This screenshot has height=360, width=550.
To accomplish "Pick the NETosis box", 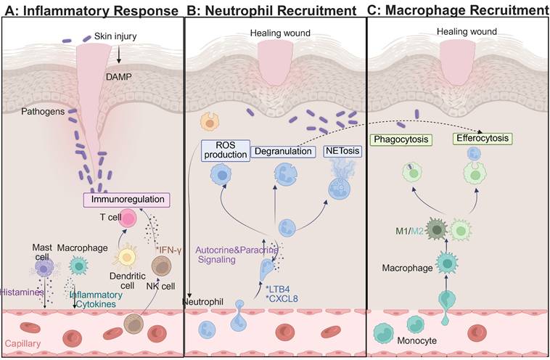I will click(x=340, y=152).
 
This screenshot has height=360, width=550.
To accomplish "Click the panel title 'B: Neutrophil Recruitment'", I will click(x=271, y=10).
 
